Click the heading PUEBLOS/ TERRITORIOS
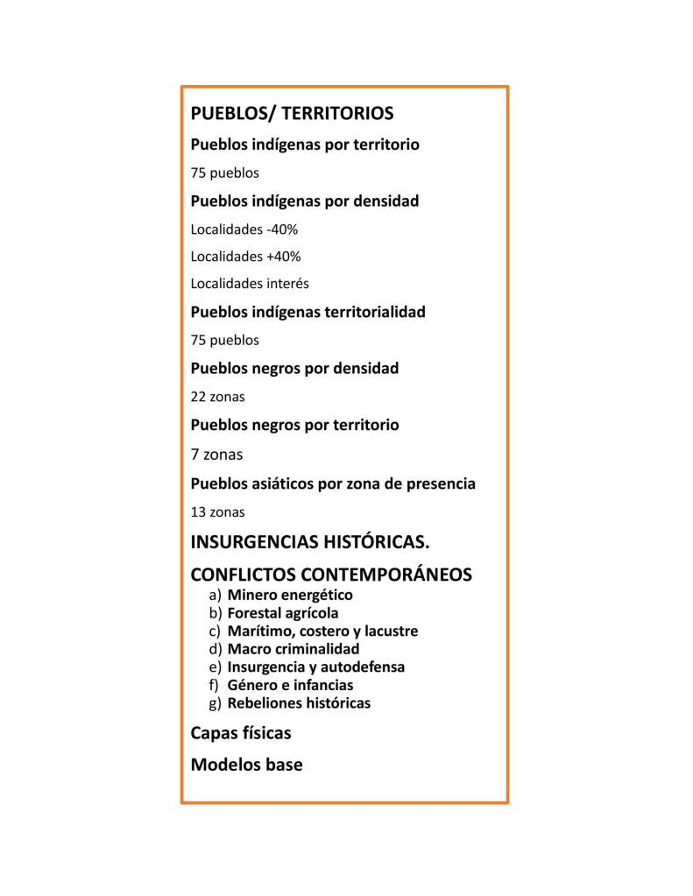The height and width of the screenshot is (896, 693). click(292, 114)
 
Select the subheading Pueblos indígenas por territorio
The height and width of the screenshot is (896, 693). click(305, 145)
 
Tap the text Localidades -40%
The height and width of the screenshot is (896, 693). click(244, 229)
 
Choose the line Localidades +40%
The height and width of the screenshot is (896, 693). click(245, 257)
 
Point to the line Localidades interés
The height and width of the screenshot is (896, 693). click(250, 284)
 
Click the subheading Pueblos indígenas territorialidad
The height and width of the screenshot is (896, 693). click(308, 312)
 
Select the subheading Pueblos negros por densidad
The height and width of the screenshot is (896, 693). click(294, 369)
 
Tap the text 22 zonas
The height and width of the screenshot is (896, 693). click(217, 397)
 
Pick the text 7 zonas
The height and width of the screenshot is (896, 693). click(216, 455)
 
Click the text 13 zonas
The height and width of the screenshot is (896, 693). click(217, 511)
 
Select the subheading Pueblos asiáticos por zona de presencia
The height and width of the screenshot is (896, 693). click(333, 483)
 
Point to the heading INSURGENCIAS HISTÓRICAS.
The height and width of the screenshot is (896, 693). click(310, 543)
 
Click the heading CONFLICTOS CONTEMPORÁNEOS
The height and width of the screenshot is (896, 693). click(331, 575)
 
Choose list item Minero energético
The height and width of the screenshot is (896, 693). click(290, 596)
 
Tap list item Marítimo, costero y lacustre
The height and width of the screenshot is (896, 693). click(322, 631)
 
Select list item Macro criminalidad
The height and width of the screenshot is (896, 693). click(293, 649)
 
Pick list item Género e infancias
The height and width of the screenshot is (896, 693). click(290, 685)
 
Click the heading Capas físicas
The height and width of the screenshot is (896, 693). click(241, 733)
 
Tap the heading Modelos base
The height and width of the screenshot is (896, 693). click(246, 765)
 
